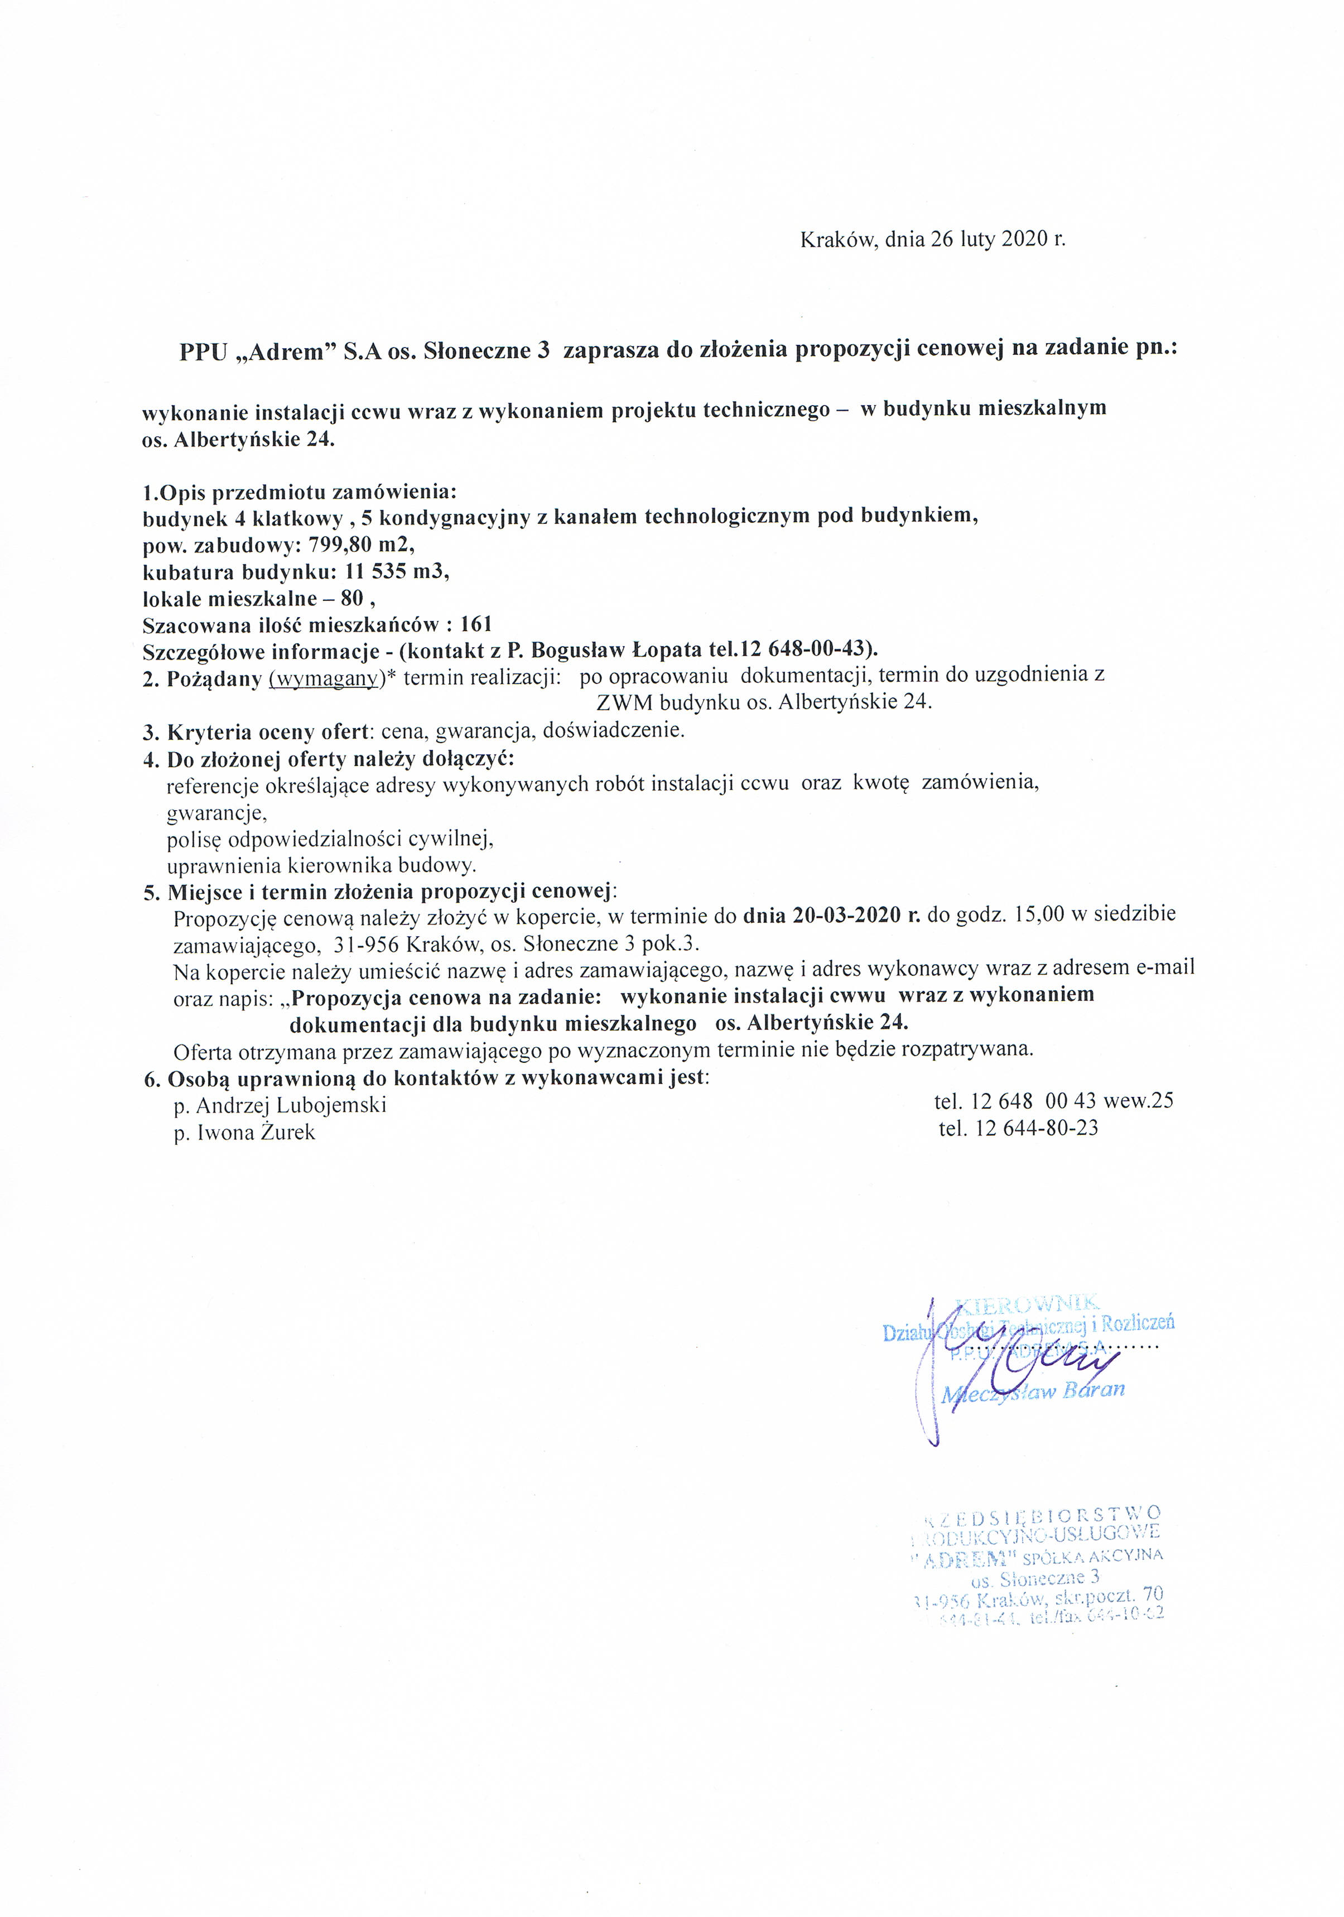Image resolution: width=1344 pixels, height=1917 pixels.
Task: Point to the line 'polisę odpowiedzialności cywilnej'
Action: pos(331,837)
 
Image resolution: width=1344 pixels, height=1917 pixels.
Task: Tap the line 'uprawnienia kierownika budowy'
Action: pos(321,865)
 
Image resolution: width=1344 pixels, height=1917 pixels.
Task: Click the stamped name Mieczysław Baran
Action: pos(1033,1390)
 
